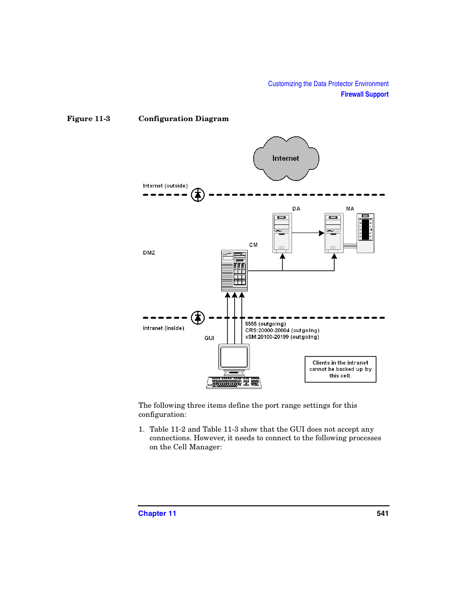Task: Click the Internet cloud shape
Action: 286,158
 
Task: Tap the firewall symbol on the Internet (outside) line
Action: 198,195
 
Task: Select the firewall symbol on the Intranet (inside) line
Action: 198,318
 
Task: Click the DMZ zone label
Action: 149,253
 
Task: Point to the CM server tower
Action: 234,270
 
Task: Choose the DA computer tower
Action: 282,233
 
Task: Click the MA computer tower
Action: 334,233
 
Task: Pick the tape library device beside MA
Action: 366,233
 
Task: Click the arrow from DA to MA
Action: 308,233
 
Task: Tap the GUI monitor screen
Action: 234,357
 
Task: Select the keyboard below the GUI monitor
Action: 234,382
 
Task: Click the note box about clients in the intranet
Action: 340,369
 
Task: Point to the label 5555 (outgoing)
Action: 265,324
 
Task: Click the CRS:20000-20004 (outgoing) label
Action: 282,331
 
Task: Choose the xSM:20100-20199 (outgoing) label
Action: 282,337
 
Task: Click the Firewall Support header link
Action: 364,94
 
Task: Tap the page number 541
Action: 382,513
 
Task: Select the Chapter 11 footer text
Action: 157,513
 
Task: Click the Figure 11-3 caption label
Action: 88,119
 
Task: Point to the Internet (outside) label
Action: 165,186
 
